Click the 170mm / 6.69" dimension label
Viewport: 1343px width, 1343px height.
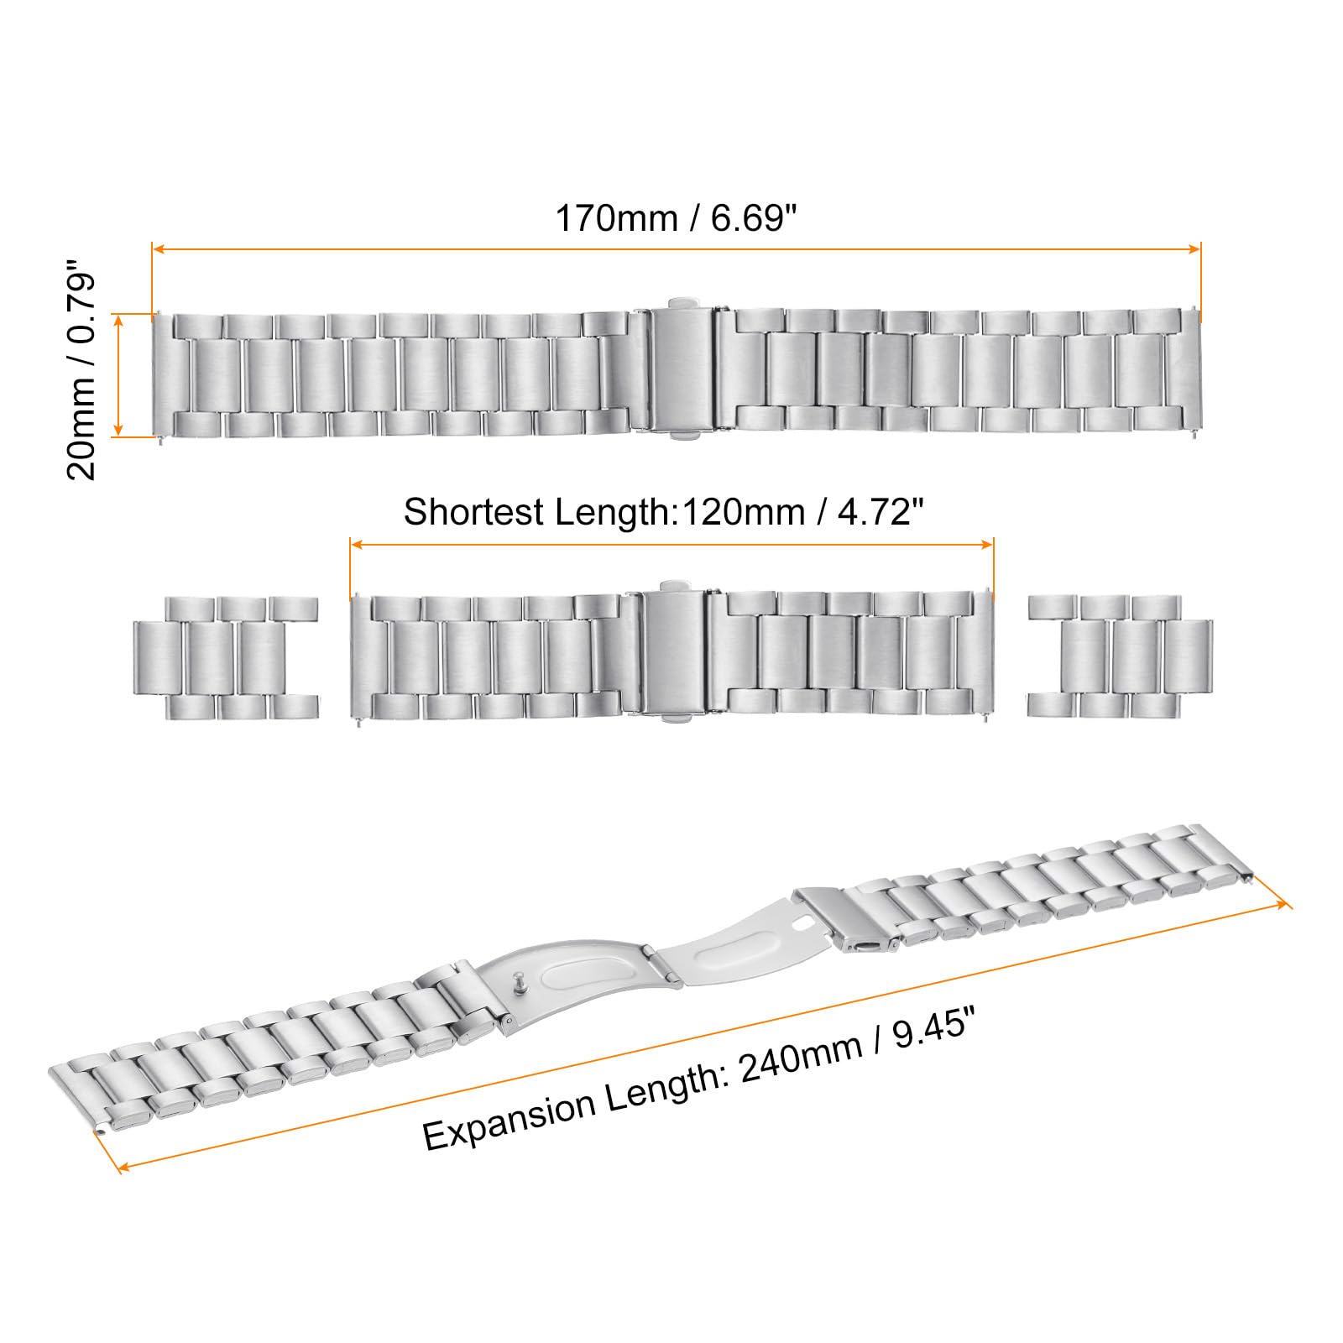click(675, 219)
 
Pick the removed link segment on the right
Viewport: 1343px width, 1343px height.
click(1120, 656)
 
